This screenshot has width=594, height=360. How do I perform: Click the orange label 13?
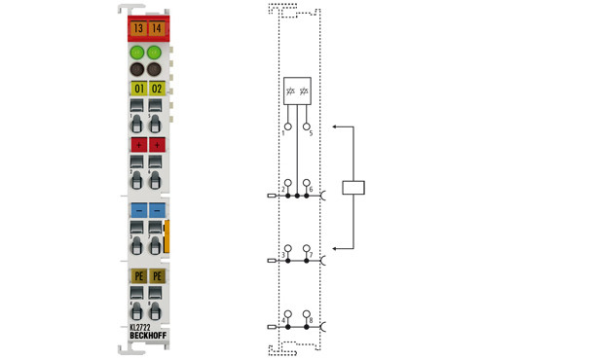coord(137,29)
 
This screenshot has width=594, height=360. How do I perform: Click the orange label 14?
coord(157,29)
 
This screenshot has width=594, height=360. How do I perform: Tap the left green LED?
coord(137,52)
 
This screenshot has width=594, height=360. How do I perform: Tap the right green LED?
coord(157,52)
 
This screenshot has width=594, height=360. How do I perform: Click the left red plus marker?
coord(137,144)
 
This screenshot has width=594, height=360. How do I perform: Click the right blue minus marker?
coord(157,209)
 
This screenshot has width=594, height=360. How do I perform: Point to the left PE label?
coord(137,276)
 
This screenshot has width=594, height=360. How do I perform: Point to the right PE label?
coord(157,276)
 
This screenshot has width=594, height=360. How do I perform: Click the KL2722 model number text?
coord(141,327)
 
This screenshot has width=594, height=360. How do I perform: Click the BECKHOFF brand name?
coord(147,337)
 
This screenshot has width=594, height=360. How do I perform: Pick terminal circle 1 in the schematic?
coord(288,126)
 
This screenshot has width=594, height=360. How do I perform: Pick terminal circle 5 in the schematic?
coord(308,126)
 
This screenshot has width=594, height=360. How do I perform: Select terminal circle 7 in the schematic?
coord(308,249)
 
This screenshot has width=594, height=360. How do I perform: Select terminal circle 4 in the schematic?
coord(288,314)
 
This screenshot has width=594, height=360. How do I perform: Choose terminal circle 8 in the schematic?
coord(308,314)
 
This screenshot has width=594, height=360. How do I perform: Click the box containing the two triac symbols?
coord(298,92)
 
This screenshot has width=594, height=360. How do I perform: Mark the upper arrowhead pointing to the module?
coord(335,126)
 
